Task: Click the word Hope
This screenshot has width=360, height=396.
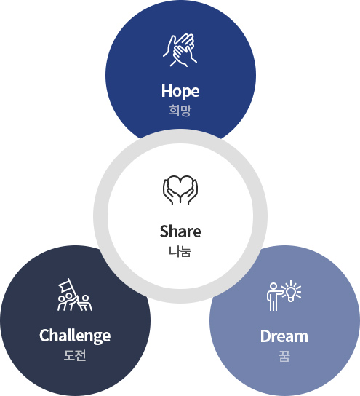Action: (x=180, y=91)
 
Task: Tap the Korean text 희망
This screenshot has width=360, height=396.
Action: (x=180, y=111)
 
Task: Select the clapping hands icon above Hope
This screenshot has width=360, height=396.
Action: (x=180, y=50)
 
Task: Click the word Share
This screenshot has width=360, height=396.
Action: (x=180, y=231)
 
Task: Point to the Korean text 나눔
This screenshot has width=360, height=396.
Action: (x=180, y=252)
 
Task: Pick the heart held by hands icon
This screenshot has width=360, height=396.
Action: (x=180, y=190)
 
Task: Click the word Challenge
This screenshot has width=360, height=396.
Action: (x=75, y=336)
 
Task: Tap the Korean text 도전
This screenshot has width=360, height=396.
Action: (x=75, y=355)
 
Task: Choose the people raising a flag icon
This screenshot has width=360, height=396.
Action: (x=75, y=295)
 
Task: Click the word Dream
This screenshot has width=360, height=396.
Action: (x=284, y=336)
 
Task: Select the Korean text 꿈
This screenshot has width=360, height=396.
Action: (x=284, y=356)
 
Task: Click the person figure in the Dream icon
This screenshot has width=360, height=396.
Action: (x=273, y=297)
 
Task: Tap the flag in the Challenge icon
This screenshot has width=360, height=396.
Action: (x=65, y=285)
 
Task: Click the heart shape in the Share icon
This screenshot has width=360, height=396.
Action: (x=180, y=186)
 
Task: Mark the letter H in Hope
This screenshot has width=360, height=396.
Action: (x=167, y=91)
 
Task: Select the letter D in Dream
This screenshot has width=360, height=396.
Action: (x=265, y=336)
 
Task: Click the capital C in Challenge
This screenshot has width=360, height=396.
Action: (x=44, y=336)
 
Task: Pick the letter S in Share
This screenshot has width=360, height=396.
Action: (x=164, y=231)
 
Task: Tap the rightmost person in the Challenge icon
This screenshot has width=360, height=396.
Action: (x=86, y=303)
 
